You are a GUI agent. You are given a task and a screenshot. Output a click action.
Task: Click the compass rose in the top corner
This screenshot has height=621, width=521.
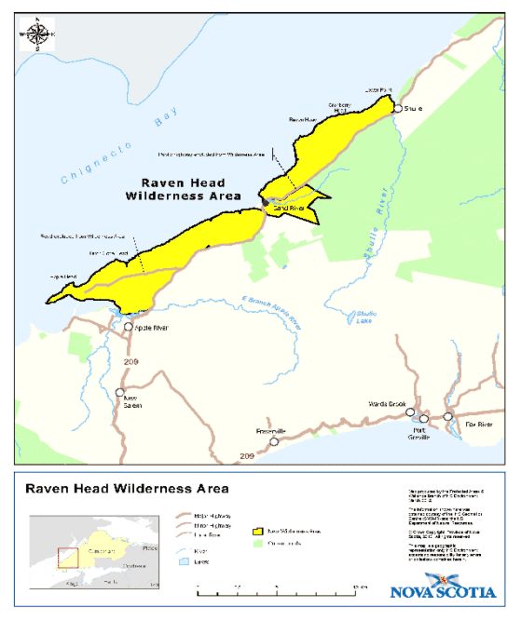click(x=37, y=34)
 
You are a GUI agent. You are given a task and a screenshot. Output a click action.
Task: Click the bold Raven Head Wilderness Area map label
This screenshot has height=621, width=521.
click(x=183, y=190)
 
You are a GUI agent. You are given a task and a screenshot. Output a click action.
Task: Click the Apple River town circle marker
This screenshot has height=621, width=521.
click(x=130, y=327)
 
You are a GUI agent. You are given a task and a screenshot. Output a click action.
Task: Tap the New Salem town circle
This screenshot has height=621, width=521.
click(x=119, y=392)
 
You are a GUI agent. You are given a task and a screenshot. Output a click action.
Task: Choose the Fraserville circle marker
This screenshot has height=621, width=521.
click(x=274, y=442)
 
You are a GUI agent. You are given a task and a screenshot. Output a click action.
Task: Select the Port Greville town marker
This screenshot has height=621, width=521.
click(x=424, y=420)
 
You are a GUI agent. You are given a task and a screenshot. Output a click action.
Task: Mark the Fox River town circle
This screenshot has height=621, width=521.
click(x=448, y=416)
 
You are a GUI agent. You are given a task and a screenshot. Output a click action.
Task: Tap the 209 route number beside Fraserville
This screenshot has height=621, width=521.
click(x=247, y=455)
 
